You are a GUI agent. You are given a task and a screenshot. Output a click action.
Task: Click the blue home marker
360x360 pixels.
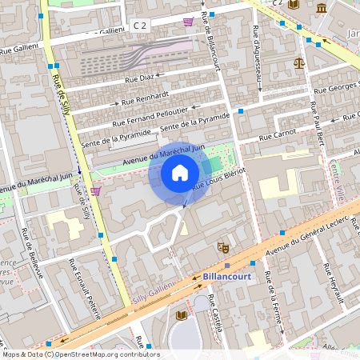click(x=179, y=173)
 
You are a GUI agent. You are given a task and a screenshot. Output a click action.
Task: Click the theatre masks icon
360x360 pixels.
click(x=222, y=249)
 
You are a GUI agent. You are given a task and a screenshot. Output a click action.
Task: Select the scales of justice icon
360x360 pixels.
click(x=299, y=62)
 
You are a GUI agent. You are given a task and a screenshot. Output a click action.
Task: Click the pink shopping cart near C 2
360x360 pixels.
click(x=188, y=22)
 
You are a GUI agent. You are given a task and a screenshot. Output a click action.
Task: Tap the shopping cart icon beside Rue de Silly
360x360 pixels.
click(x=95, y=191)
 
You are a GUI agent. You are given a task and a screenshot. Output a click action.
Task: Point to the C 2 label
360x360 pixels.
click(x=141, y=26)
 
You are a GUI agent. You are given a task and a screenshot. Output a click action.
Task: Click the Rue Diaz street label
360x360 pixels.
click(x=141, y=78)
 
